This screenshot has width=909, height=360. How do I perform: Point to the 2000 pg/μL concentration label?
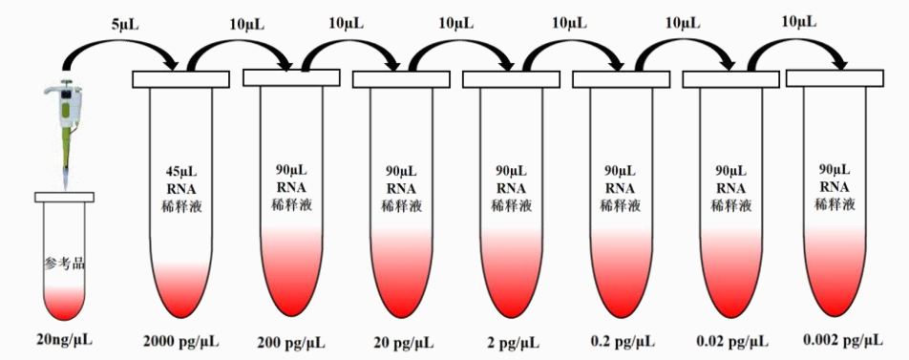[x=182, y=341]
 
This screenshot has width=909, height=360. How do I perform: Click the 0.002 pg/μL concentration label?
[x=841, y=341]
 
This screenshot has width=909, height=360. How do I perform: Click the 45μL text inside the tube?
[x=182, y=172]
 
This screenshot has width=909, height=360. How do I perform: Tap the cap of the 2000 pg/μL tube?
[x=183, y=79]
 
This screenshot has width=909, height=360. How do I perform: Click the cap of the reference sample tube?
[x=65, y=197]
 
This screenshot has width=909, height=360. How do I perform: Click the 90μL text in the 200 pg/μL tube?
[x=291, y=170]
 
